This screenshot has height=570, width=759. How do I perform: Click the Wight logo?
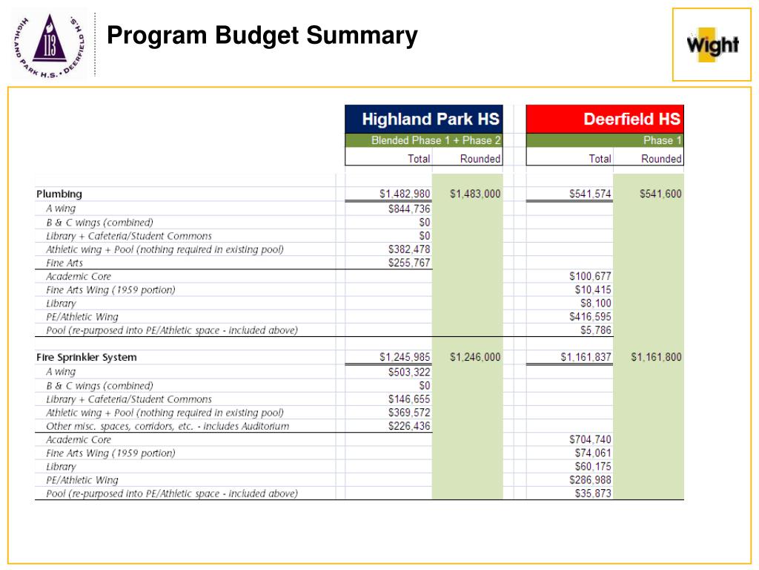[x=712, y=44]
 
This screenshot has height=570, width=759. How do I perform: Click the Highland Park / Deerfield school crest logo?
[x=49, y=44]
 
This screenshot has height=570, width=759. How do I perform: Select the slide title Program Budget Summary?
[x=262, y=35]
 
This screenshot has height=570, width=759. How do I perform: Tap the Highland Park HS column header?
[x=430, y=119]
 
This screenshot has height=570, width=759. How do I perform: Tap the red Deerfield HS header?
[x=632, y=119]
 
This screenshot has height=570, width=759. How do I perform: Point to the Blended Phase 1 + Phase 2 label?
[x=436, y=140]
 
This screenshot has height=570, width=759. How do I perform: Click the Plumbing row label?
[x=59, y=194]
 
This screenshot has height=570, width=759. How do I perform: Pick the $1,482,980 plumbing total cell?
[x=405, y=194]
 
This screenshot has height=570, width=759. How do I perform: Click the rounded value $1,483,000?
[x=475, y=194]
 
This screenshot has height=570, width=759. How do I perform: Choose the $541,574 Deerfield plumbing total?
[x=590, y=194]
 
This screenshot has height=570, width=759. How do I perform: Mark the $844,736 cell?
[x=409, y=209]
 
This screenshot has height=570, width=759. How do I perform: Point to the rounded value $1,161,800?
[x=656, y=357]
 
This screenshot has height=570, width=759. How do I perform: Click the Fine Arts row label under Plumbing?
[x=64, y=263]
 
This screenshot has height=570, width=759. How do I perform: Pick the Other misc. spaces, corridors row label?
[x=168, y=426]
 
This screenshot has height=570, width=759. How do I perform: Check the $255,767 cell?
[x=409, y=263]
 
